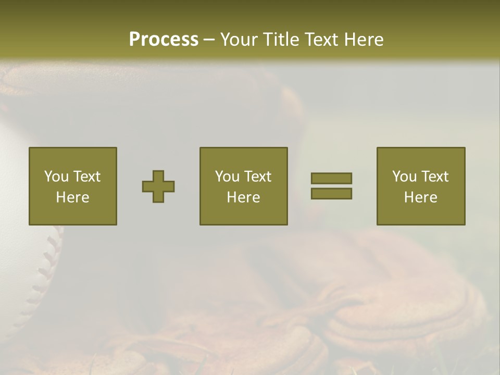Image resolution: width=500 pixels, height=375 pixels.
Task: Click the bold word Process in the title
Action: point(164,40)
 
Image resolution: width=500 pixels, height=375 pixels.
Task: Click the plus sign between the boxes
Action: point(158,186)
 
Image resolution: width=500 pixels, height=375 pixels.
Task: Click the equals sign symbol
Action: point(331,186)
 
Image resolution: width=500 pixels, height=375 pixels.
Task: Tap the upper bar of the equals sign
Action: point(331,178)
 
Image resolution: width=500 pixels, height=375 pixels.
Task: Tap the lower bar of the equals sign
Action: point(331,194)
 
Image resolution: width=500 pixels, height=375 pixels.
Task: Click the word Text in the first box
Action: point(86,177)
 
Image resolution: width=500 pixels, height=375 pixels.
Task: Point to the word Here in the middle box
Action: point(243,197)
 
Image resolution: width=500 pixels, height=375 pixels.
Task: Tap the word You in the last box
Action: point(405,177)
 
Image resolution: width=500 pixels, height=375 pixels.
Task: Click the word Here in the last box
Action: point(420,197)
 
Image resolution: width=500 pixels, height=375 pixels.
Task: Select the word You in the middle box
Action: point(228,177)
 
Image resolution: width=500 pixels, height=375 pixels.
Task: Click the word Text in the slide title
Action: point(320,40)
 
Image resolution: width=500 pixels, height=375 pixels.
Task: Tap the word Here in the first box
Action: point(72,197)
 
